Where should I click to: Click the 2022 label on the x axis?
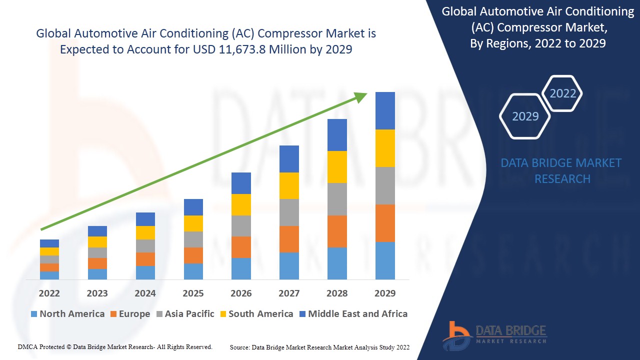[49, 293]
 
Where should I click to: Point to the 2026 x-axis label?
[241, 293]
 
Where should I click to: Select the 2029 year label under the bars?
[385, 293]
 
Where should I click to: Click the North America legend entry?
[67, 314]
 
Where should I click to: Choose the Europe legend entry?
[129, 314]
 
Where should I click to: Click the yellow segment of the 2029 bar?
[385, 148]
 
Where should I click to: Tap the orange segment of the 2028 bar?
[337, 231]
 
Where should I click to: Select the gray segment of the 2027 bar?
[289, 212]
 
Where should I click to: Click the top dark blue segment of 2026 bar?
[241, 183]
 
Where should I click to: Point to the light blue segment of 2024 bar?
[145, 272]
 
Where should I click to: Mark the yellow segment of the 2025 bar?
[193, 223]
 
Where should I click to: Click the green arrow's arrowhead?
[361, 96]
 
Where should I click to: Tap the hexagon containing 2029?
[525, 116]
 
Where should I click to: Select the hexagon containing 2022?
[562, 93]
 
